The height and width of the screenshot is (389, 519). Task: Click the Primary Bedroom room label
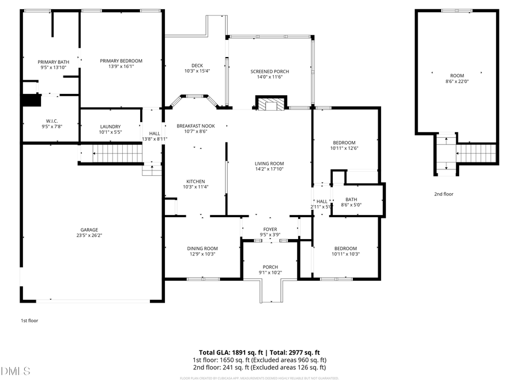[121, 61]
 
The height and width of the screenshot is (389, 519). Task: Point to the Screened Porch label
[269, 71]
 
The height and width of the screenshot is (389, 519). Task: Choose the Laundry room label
[110, 127]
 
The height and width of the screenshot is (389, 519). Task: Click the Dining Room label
[202, 248]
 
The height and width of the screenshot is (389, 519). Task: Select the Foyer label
[270, 229]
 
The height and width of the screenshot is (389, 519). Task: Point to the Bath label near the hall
[351, 200]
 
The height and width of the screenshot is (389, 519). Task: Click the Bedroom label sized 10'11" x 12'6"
[344, 142]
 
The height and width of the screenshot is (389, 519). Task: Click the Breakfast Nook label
[195, 125]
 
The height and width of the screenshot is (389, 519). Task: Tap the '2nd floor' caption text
[443, 194]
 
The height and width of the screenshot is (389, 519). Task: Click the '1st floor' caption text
[29, 320]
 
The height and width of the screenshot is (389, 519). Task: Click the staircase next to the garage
[118, 153]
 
